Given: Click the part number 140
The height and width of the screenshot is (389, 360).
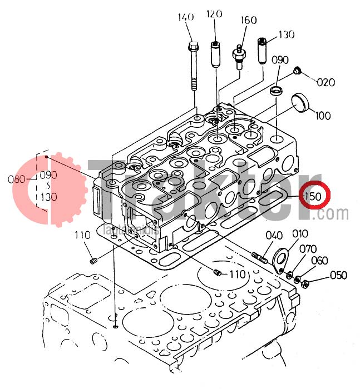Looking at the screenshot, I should pyautogui.click(x=185, y=17).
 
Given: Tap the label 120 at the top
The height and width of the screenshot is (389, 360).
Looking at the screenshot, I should pyautogui.click(x=214, y=14).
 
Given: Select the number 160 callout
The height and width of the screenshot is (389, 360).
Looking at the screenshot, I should pyautogui.click(x=248, y=21).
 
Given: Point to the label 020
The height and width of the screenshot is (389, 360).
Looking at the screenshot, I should pyautogui.click(x=326, y=83).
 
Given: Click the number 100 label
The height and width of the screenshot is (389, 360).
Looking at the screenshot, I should pyautogui.click(x=323, y=116).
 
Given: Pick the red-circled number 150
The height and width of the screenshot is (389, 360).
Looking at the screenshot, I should pyautogui.click(x=312, y=197).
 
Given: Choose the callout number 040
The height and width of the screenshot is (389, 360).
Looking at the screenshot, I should pyautogui.click(x=273, y=235).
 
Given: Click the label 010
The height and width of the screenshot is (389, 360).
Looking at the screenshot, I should pyautogui.click(x=300, y=233).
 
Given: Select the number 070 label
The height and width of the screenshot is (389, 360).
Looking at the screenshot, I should pyautogui.click(x=309, y=249).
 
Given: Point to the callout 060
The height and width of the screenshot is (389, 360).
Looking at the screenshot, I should pyautogui.click(x=319, y=261).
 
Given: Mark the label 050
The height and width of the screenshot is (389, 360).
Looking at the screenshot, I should pyautogui.click(x=338, y=275).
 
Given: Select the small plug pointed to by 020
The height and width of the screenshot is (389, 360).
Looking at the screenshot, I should pyautogui.click(x=297, y=71).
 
